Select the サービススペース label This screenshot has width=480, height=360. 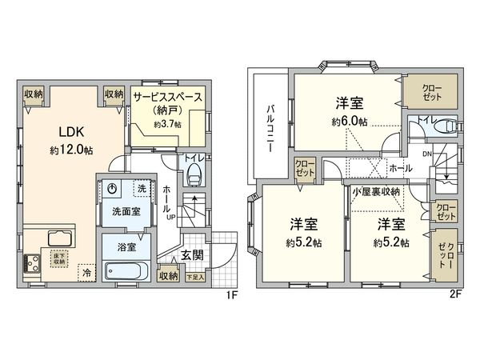[168, 94]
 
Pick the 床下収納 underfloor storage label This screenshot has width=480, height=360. [59, 258]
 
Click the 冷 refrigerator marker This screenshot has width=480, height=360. [86, 272]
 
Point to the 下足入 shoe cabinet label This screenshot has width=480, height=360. [194, 277]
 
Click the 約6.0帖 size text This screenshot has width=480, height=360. [350, 122]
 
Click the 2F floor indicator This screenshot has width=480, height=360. [455, 294]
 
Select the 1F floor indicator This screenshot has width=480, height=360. [230, 294]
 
